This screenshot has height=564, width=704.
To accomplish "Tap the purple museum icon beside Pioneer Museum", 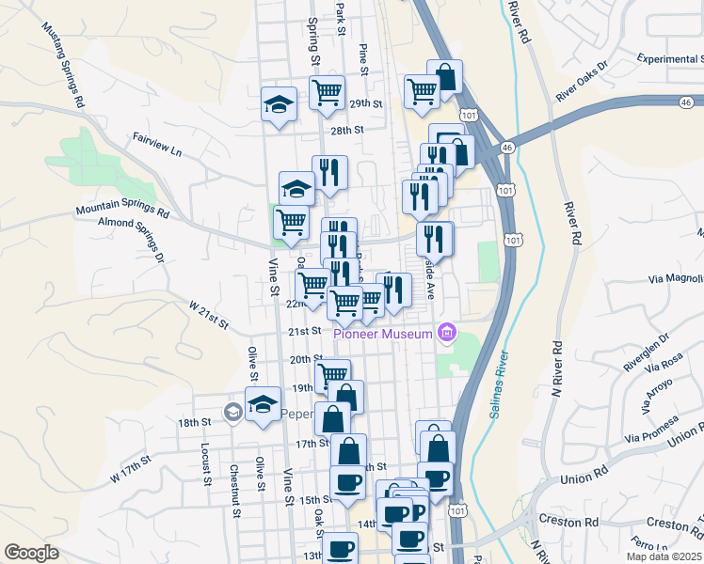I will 447,333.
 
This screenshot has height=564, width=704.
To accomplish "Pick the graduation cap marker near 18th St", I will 263,404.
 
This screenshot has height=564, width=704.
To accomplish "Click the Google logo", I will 32,553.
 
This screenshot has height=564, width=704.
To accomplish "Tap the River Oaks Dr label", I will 582,82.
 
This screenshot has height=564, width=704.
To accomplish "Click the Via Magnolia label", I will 675,278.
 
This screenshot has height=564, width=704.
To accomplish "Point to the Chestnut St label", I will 235,478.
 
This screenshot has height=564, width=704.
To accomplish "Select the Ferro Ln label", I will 650,544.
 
